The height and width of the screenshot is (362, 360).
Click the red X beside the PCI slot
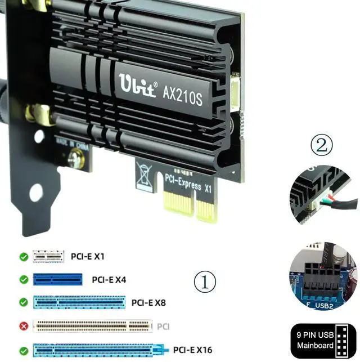pos(23,325)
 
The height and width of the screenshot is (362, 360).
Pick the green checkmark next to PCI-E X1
pos(23,257)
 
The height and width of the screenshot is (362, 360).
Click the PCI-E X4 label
pos(109,279)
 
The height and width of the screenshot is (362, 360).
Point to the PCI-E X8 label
pos(148,302)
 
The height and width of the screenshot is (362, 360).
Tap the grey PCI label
pos(163,325)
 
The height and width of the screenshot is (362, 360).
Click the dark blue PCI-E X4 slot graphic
pos(57,279)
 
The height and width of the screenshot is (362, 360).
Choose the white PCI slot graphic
pos(92,325)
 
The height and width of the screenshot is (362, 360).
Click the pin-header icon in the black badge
pos(342,339)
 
